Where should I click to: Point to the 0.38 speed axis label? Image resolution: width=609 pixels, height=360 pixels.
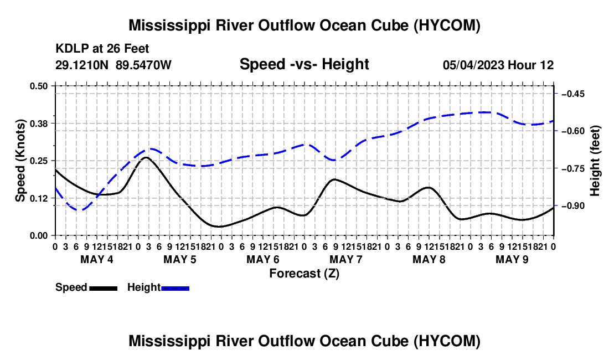click(38, 124)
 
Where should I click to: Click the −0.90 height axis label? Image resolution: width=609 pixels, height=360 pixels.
click(573, 206)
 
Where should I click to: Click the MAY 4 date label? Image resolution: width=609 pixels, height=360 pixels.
click(97, 259)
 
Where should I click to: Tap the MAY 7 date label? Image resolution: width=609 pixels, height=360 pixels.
click(345, 259)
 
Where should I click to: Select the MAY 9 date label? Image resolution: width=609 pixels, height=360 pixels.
click(512, 259)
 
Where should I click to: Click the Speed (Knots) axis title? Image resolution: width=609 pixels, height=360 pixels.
click(20, 161)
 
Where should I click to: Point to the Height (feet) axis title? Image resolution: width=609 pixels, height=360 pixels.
click(595, 161)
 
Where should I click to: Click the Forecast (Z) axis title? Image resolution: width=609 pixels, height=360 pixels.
click(304, 274)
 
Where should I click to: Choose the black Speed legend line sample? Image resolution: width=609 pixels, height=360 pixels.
click(104, 288)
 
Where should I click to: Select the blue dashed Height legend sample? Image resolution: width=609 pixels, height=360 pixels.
click(175, 288)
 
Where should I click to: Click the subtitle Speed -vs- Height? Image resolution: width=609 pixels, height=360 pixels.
click(304, 64)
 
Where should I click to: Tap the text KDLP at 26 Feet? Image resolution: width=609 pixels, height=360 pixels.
click(102, 49)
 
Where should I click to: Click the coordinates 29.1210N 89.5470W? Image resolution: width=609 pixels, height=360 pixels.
click(113, 65)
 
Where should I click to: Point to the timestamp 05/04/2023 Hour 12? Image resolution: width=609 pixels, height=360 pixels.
click(498, 65)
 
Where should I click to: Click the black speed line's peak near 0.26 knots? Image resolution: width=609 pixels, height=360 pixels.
click(146, 157)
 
